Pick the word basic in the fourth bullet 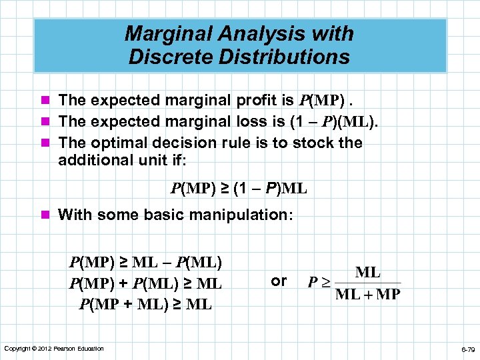(158, 215)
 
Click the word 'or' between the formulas (279, 281)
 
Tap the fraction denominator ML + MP (367, 294)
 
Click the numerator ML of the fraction (368, 272)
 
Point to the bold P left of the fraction (312, 283)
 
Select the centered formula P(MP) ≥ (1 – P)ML (239, 189)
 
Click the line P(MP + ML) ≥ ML (145, 305)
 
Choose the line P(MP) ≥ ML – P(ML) (145, 261)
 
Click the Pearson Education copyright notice (53, 349)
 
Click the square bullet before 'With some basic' (45, 215)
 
